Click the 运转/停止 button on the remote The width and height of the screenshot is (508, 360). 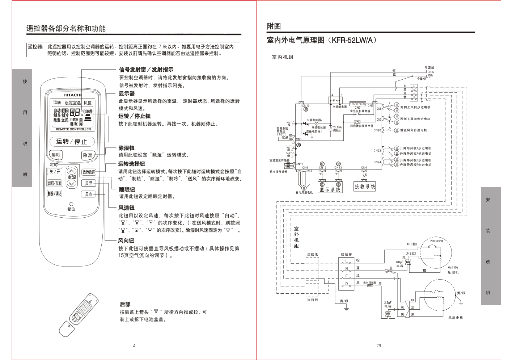click(x=72, y=141)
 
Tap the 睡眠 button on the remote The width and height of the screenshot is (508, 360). click(x=56, y=155)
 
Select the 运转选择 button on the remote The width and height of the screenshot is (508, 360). click(x=89, y=172)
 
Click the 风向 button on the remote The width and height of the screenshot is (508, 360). click(x=89, y=194)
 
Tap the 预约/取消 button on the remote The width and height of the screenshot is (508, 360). click(x=55, y=183)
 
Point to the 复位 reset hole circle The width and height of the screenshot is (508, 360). click(x=71, y=204)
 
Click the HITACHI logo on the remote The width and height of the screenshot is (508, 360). click(x=72, y=95)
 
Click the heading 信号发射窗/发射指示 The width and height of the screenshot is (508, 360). click(x=146, y=70)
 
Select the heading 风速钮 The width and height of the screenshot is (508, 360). click(x=126, y=208)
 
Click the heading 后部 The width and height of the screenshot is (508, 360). click(x=125, y=304)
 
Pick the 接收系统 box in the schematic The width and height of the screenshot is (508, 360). click(x=365, y=187)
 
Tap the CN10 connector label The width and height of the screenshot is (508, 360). click(x=306, y=106)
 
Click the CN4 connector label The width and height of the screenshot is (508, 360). click(x=364, y=168)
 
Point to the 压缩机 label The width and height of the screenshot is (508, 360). click(x=453, y=272)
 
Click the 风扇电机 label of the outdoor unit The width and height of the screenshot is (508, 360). click(x=456, y=318)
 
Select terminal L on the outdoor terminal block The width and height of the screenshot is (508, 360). click(x=346, y=261)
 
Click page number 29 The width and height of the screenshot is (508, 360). click(x=378, y=346)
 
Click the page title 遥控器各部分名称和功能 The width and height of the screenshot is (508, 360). click(x=66, y=29)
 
